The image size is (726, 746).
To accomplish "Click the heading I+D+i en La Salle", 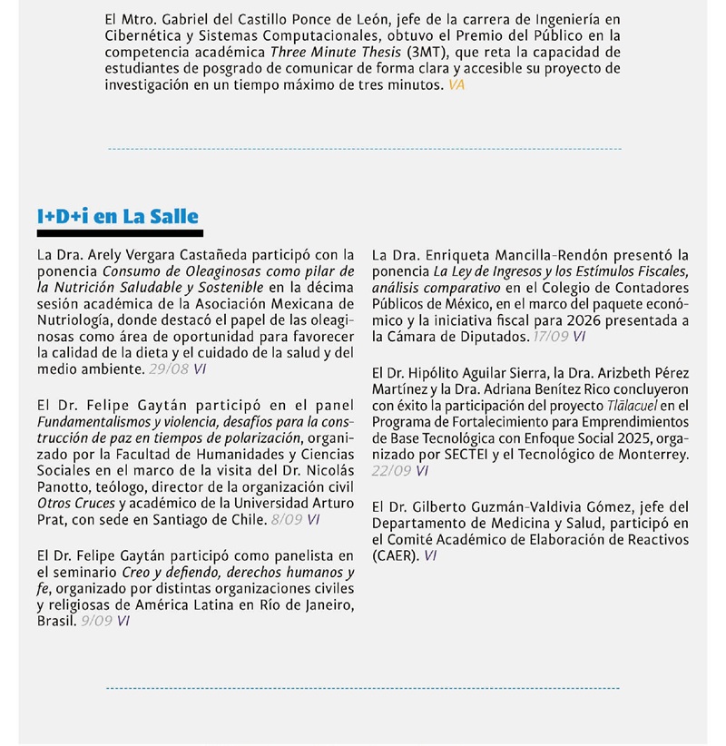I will pyautogui.click(x=117, y=216).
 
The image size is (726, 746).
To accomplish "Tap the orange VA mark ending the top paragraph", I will pyautogui.click(x=456, y=84).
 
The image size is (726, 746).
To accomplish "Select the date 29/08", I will pyautogui.click(x=168, y=369).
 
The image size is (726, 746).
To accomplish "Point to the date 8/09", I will pyautogui.click(x=287, y=520).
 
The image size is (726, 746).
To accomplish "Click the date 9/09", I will pyautogui.click(x=96, y=621).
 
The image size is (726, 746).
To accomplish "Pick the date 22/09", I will pyautogui.click(x=391, y=471).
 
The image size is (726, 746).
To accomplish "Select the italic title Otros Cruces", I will pyautogui.click(x=76, y=504).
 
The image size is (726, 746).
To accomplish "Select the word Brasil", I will pyautogui.click(x=55, y=621).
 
